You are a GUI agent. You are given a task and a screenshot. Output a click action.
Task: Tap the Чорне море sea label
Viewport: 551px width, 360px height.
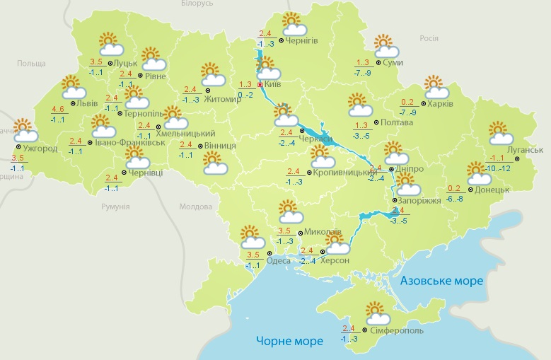(x=289, y=341)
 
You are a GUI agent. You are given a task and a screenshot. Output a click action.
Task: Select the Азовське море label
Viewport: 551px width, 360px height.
(x=441, y=281)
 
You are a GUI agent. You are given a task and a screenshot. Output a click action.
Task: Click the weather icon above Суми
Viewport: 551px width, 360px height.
(x=386, y=46)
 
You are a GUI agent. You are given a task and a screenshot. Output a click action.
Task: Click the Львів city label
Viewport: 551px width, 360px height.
(x=88, y=103)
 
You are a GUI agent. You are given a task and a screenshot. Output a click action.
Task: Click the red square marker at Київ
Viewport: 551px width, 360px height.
(x=260, y=85)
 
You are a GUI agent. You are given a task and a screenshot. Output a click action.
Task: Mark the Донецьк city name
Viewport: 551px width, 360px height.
(x=492, y=190)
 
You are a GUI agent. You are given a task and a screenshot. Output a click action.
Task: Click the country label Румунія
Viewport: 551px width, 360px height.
(x=115, y=206)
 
